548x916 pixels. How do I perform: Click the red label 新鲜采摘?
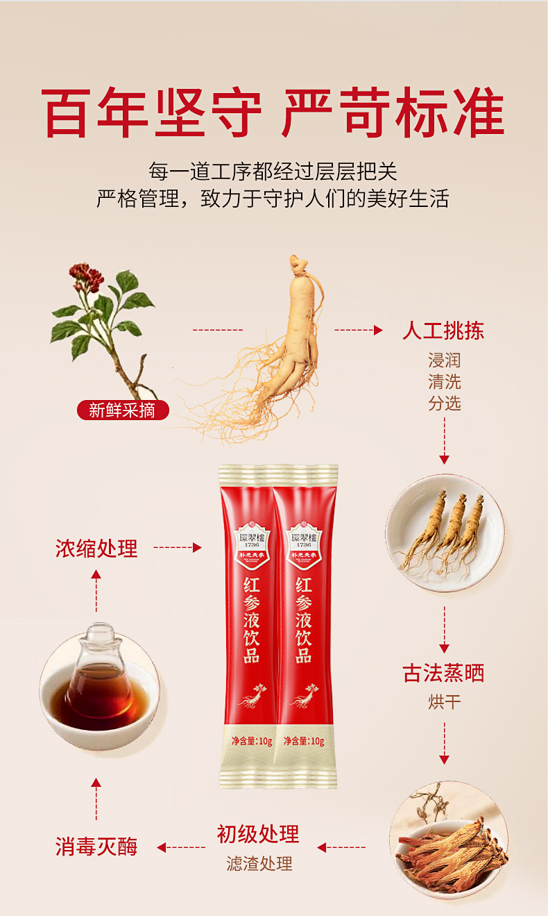coord(123,410)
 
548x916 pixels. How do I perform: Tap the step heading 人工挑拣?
coord(443,331)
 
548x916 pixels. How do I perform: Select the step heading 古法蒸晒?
coord(443,673)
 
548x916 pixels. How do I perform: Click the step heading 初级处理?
coord(258,834)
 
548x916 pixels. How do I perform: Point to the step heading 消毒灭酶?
coord(96,847)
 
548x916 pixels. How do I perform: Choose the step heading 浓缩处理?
coord(96,549)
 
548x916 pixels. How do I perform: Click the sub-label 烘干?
coord(444,701)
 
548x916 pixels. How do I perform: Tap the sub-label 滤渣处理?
coord(259,863)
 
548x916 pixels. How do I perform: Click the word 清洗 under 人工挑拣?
coord(444,382)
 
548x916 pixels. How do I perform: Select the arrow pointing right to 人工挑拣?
coord(359,331)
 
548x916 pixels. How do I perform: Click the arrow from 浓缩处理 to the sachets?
coord(177,548)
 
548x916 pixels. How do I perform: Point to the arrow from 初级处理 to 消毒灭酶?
coord(181,847)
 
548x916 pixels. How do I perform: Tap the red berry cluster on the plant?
coord(86,278)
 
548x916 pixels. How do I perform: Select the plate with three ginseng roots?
coord(444,533)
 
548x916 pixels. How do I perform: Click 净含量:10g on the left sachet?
coord(251,741)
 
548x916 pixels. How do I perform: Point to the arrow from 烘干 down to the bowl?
coord(444,743)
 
